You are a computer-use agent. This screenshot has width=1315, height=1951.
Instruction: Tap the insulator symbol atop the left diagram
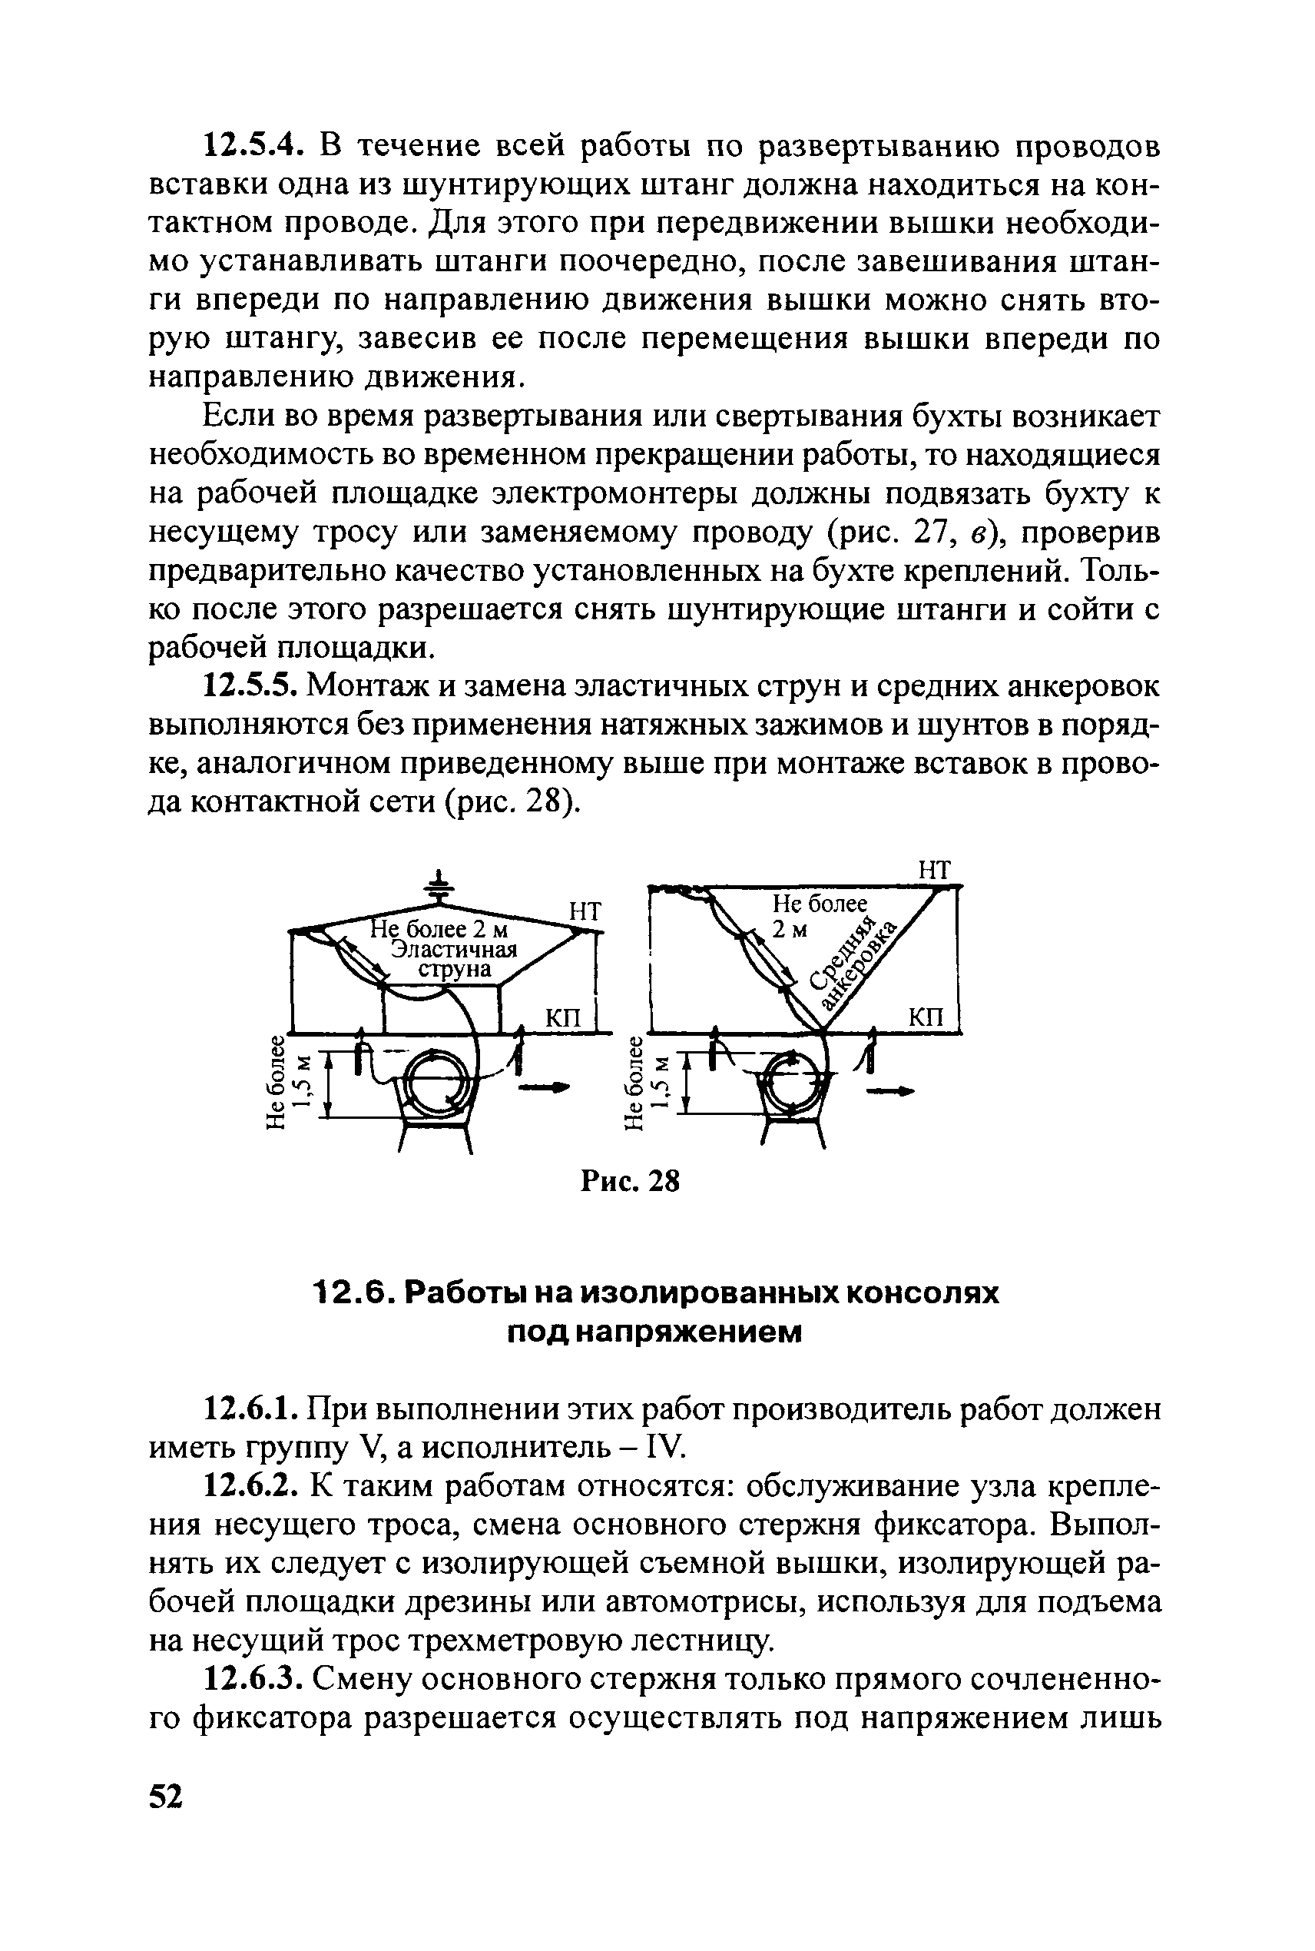436,887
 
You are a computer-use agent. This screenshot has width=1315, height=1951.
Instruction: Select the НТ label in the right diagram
936,870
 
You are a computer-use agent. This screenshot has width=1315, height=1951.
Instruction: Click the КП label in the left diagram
564,1017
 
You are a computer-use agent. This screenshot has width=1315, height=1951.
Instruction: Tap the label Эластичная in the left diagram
455,950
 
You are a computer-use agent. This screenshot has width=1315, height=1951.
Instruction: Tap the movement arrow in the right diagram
889,1091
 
